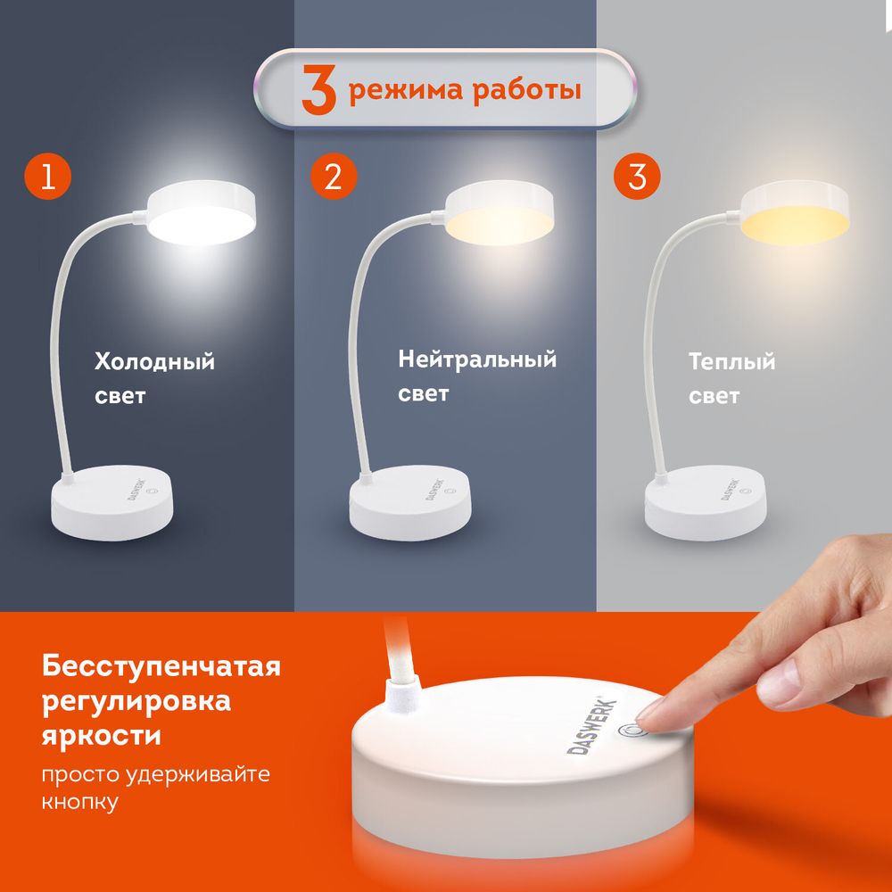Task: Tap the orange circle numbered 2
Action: (x=333, y=177)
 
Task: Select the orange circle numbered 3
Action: (x=637, y=177)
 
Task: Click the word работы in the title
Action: (x=529, y=91)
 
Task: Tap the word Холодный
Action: (x=155, y=363)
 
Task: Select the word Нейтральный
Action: (x=477, y=360)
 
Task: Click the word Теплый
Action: (x=731, y=363)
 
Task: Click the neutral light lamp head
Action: (x=500, y=214)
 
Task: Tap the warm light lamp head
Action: (x=794, y=214)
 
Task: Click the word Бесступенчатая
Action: (x=161, y=666)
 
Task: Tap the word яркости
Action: (x=102, y=737)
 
